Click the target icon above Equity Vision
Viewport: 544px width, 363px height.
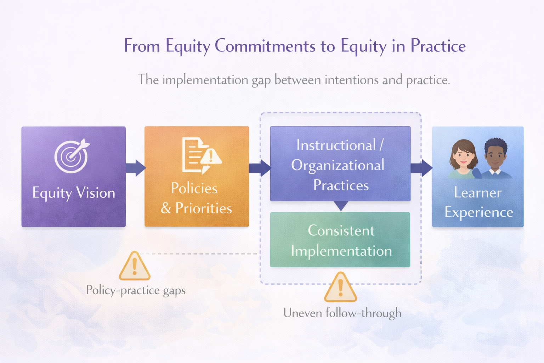71,156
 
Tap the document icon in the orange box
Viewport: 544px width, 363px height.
193,155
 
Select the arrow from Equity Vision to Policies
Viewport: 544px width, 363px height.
136,168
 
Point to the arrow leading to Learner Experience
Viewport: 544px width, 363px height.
422,168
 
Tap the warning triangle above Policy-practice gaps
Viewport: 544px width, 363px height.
135,267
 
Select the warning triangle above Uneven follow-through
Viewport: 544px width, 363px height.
340,287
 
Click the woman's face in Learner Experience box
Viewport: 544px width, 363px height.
463,156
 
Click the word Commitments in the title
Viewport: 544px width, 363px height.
265,46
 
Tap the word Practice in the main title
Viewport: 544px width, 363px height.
438,46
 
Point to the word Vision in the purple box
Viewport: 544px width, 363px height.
96,193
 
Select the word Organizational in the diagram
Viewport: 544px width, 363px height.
338,166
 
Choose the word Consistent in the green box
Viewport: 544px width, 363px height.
341,231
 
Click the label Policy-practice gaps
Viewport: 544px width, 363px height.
136,290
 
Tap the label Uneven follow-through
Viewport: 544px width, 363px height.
342,313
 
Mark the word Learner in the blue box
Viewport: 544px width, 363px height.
477,193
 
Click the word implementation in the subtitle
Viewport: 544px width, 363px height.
205,80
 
